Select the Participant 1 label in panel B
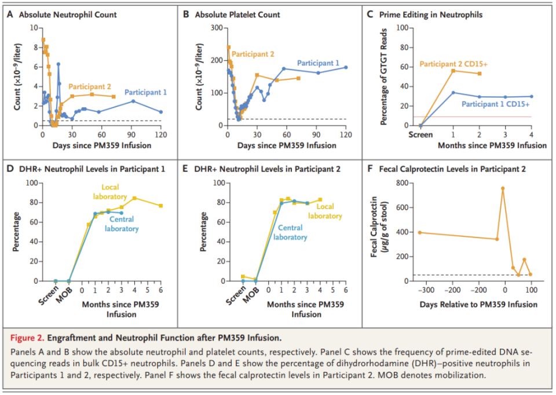tap(318, 63)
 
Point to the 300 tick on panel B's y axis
tap(216, 28)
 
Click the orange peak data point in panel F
tap(503, 188)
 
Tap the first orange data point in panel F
tap(420, 233)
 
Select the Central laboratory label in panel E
tap(290, 233)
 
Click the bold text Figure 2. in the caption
tap(28, 337)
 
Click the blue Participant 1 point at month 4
tap(531, 97)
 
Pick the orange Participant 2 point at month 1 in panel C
tap(453, 71)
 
